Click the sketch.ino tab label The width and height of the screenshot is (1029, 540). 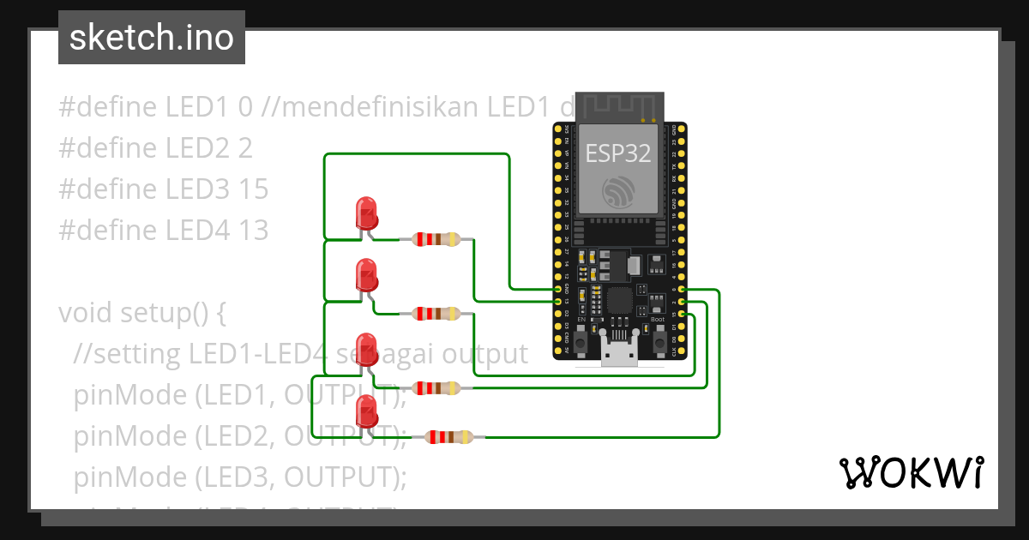point(152,38)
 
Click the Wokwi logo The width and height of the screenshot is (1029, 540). point(910,473)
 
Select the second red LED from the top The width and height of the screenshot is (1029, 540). point(366,275)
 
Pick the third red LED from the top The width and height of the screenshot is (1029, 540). point(366,350)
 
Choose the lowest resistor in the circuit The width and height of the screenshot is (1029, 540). point(449,437)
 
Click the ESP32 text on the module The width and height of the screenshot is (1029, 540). point(617,153)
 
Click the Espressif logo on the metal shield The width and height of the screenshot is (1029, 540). point(617,191)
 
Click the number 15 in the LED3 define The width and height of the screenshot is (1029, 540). point(253,189)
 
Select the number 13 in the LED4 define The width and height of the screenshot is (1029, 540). point(253,230)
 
